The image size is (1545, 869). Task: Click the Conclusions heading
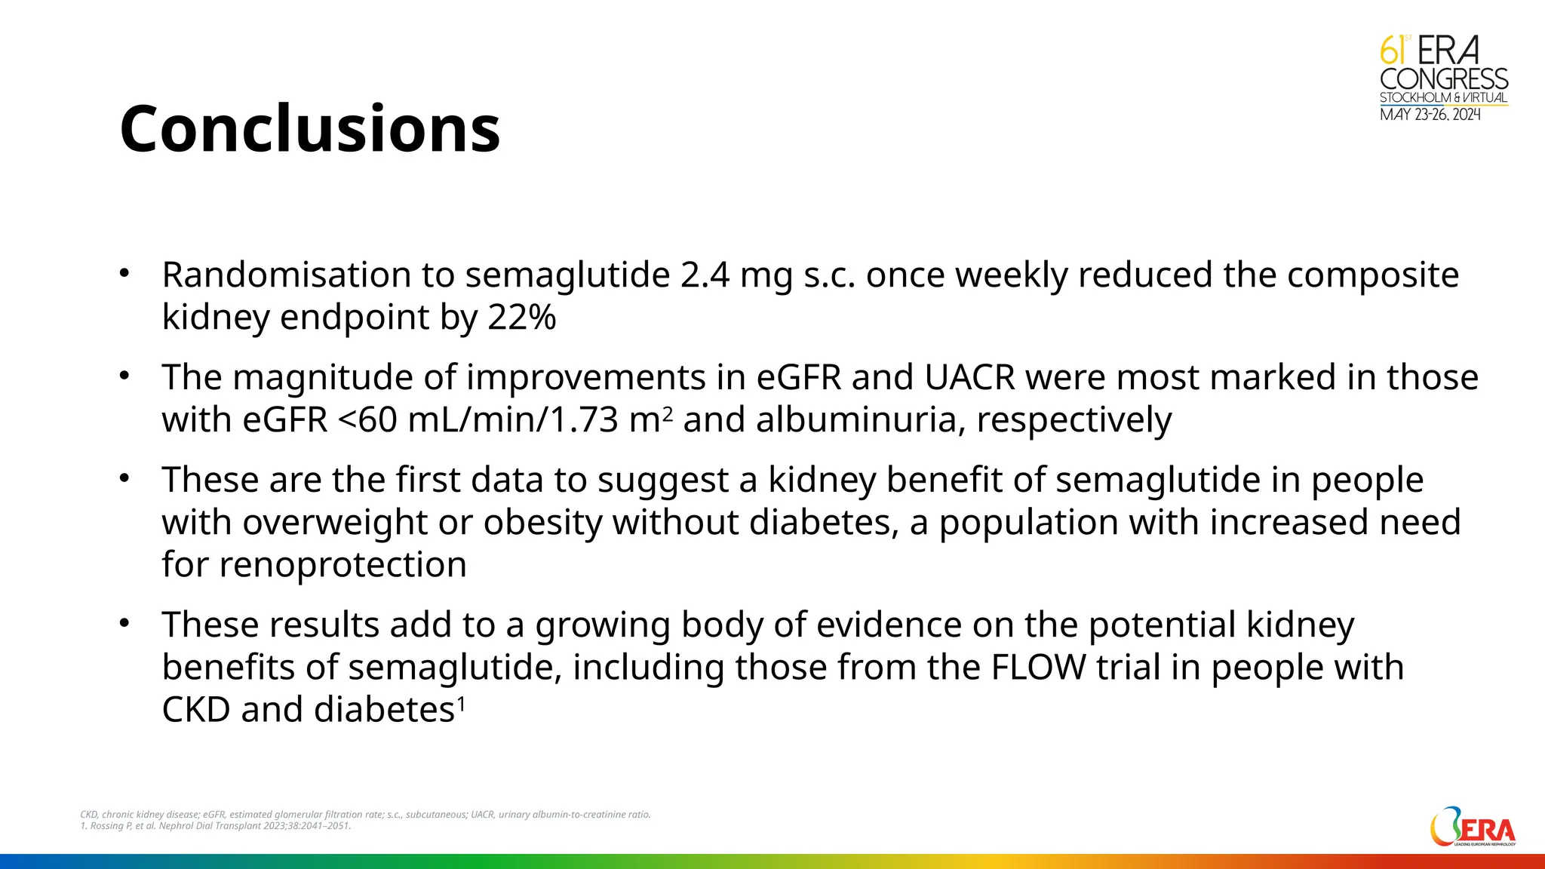309,128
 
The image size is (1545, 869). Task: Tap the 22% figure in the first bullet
521,318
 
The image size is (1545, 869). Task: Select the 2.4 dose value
704,275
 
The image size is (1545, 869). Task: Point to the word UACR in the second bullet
969,377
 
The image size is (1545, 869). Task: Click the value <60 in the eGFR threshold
367,420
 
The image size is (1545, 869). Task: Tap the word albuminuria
860,420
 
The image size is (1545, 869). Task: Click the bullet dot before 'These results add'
125,624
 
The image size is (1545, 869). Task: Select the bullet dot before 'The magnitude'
125,376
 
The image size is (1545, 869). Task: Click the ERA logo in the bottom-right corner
1472,828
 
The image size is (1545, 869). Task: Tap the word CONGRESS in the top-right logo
1443,79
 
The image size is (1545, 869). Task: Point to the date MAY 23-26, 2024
1430,115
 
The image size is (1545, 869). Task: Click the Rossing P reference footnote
216,826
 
